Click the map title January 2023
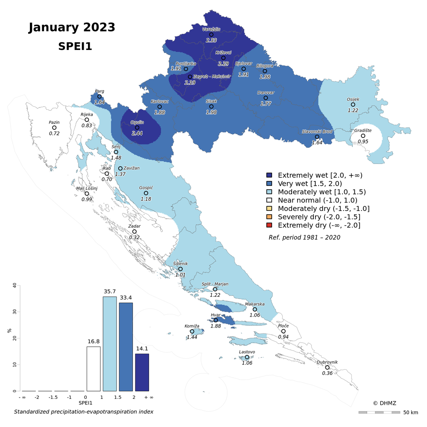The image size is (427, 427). pos(72,27)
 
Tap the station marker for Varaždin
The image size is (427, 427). pos(211,34)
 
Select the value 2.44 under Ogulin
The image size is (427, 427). pos(137,134)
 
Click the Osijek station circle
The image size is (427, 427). pos(353,105)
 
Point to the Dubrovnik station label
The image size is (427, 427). pos(327,362)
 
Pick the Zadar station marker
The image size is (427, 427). pos(135,231)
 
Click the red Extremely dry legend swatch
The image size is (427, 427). pos(269,225)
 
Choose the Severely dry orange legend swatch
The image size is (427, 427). pos(269,217)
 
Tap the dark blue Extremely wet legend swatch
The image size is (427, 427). pos(269,175)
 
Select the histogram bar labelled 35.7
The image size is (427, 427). pos(110,344)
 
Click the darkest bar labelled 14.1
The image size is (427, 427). pos(142,372)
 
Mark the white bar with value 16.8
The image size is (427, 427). pos(94,369)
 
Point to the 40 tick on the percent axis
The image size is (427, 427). pos(14,286)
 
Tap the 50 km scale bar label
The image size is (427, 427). pos(410,412)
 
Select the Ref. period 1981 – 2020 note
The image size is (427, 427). pos(304,237)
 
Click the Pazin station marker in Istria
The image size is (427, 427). pos(54,128)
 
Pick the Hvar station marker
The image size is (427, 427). pos(216,320)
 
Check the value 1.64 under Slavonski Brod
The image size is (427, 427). pos(317,143)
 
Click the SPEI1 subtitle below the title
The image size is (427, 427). pos(75,47)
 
